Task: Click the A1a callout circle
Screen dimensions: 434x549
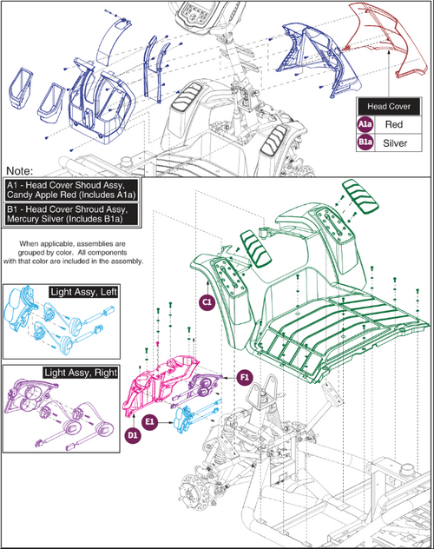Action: click(x=365, y=124)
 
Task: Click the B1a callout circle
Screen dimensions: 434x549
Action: click(x=365, y=142)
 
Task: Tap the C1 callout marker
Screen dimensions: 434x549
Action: click(x=207, y=302)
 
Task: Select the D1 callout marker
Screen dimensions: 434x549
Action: click(x=133, y=435)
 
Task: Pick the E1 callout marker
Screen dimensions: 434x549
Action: click(x=149, y=422)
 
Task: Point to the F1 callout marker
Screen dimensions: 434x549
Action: click(x=245, y=377)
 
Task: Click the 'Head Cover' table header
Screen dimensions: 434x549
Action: click(x=389, y=107)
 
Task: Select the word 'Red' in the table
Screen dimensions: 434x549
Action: click(x=394, y=124)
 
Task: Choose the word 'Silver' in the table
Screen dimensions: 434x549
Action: click(x=395, y=142)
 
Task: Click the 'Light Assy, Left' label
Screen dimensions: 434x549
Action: click(x=83, y=292)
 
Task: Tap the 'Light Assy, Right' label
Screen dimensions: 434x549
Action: click(x=81, y=372)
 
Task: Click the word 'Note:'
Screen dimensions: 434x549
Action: click(x=20, y=171)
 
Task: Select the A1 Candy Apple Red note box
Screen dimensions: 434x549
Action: click(x=71, y=189)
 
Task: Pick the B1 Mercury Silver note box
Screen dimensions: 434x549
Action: click(x=71, y=214)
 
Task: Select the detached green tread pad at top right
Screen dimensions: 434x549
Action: click(x=360, y=196)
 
